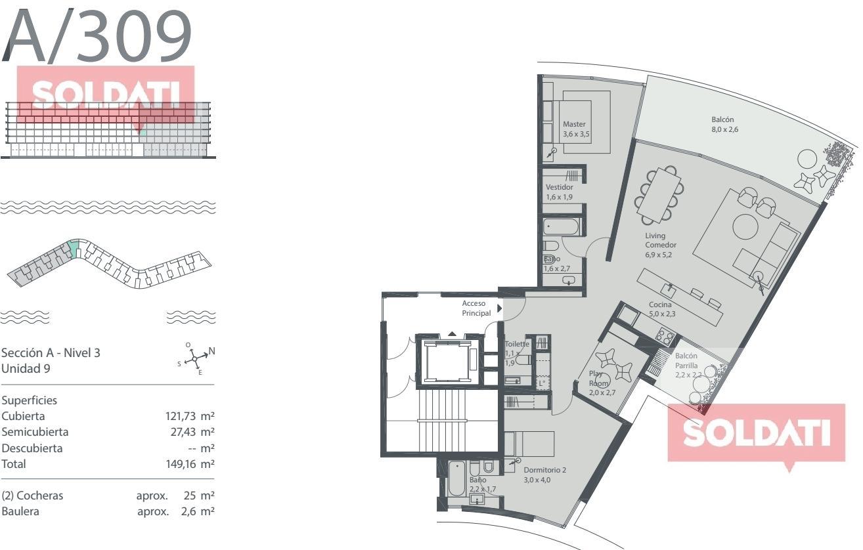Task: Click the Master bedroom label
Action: coord(574,124)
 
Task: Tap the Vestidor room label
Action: coord(559,187)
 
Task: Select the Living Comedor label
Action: coord(660,240)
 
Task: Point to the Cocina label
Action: coord(660,305)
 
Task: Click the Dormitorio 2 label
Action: coord(544,470)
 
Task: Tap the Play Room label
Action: coord(598,378)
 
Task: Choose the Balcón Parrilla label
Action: coord(686,360)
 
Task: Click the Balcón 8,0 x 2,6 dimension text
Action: coord(724,130)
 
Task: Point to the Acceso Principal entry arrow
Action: coord(500,308)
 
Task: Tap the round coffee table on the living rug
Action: coord(745,226)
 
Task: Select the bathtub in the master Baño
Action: coord(561,226)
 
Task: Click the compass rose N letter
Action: coord(211,351)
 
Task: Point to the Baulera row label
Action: coord(20,511)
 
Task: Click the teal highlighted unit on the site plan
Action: coord(74,249)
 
